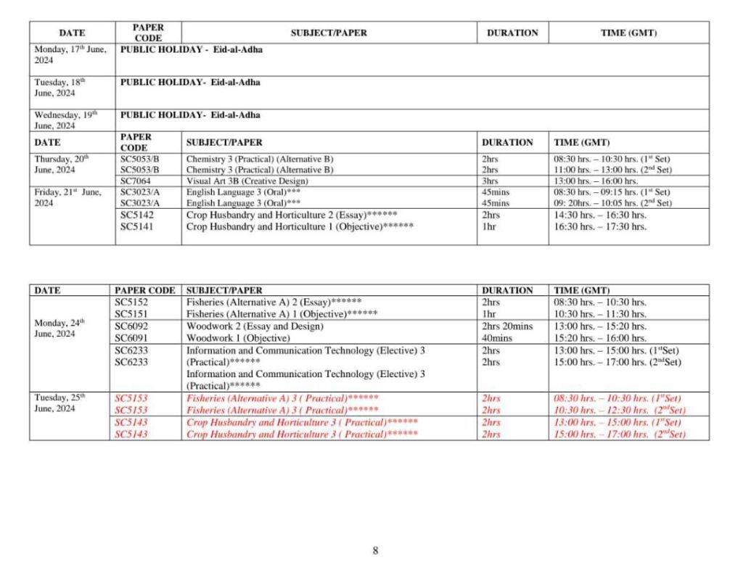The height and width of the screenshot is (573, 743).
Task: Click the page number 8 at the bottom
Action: pyautogui.click(x=375, y=551)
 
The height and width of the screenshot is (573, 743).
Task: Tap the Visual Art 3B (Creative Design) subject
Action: pyautogui.click(x=247, y=181)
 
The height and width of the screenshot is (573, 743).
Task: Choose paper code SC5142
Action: pyautogui.click(x=137, y=215)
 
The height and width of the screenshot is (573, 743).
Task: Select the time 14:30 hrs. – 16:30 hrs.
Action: pyautogui.click(x=599, y=215)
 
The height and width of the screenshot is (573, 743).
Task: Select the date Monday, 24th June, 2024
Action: pyautogui.click(x=60, y=328)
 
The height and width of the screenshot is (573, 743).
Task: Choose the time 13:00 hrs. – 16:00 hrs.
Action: pyautogui.click(x=596, y=181)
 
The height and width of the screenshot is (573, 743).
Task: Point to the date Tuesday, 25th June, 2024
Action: pyautogui.click(x=60, y=403)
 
